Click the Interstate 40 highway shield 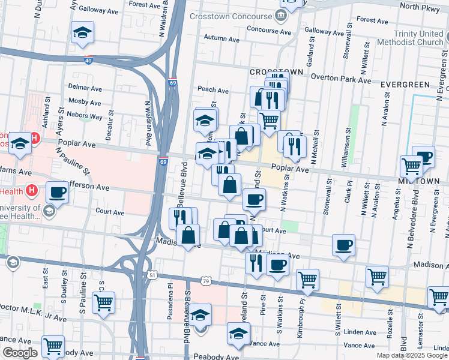tap(88, 61)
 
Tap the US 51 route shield tap(153, 275)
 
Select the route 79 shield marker tap(206, 281)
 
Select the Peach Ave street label tap(213, 91)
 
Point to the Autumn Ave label tap(221, 40)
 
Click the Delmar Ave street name tap(85, 88)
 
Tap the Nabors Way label tap(85, 113)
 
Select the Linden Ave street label tap(360, 331)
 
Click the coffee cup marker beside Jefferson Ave tap(57, 192)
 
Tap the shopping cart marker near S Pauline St tap(103, 302)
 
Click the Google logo tap(19, 353)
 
